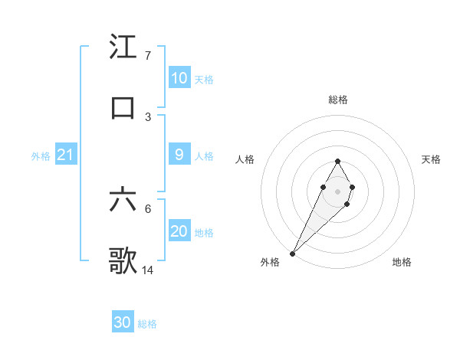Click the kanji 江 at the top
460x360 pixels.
123,47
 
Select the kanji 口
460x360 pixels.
123,107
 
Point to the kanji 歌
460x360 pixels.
123,260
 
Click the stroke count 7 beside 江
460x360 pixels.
147,56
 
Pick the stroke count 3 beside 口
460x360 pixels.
147,116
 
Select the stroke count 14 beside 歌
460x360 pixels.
148,270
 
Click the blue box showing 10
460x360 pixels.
179,78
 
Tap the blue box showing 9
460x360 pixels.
179,155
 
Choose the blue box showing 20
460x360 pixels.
179,231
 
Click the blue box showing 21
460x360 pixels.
65,155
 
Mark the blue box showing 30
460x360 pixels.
123,323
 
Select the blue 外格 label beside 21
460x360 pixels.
41,156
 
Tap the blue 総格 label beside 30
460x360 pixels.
147,325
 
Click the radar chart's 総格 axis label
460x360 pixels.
338,100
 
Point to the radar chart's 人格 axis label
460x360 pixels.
245,159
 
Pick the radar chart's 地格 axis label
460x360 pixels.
402,262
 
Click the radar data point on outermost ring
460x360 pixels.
292,253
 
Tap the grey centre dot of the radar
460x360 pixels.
337,190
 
